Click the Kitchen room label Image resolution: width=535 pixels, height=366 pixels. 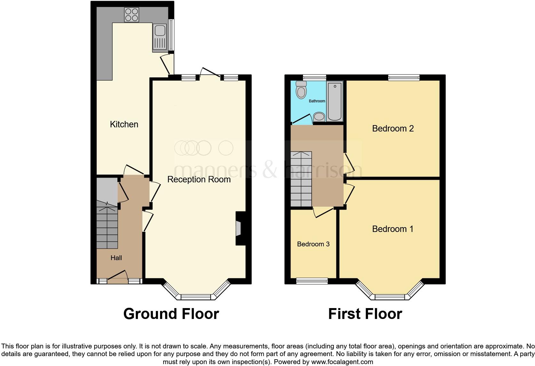[x=124, y=124]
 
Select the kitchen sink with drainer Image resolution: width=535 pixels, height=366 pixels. [x=159, y=38]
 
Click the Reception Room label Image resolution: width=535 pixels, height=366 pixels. [x=199, y=179]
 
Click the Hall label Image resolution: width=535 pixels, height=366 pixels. [x=116, y=258]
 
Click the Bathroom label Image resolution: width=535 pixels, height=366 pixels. [x=316, y=101]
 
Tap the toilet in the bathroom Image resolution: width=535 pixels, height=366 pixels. [x=301, y=90]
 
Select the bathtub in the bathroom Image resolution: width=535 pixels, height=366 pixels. [x=335, y=101]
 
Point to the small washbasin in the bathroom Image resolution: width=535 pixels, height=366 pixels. [x=319, y=116]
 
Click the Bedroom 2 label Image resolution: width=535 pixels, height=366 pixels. [x=393, y=129]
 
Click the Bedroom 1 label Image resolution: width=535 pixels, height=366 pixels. [x=393, y=229]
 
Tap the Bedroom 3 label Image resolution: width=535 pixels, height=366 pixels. [x=313, y=244]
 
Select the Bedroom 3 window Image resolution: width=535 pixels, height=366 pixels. [x=312, y=281]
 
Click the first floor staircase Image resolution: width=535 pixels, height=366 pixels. [x=301, y=179]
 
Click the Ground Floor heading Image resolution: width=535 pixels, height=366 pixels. [x=171, y=314]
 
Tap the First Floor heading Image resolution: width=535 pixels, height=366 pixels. [x=365, y=314]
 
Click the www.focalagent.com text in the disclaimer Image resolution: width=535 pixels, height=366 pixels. [x=342, y=362]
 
